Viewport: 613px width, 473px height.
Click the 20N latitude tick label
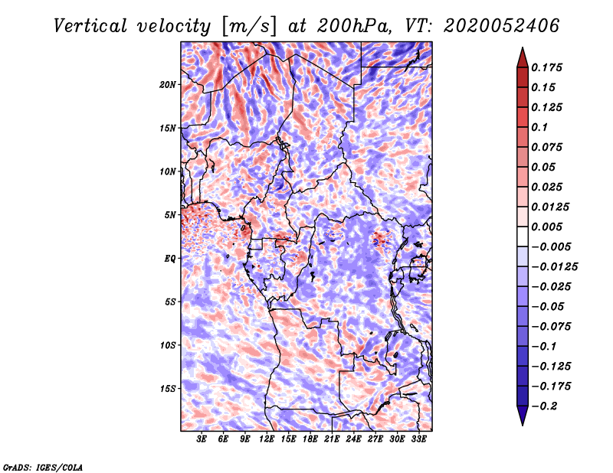pos(167,85)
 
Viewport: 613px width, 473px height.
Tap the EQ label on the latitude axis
pos(169,259)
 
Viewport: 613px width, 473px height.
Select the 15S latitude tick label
pos(167,389)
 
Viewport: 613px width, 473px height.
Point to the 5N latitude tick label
pos(170,215)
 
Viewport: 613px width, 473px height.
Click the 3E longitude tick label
pos(202,439)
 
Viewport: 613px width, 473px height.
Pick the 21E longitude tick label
pos(332,439)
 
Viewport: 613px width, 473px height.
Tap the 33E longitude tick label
pos(418,439)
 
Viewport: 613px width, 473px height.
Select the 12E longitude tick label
pos(266,439)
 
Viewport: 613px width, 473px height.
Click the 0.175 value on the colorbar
pos(546,67)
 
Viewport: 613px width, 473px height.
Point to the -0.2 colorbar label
pos(545,406)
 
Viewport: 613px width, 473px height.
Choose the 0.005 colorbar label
pos(546,227)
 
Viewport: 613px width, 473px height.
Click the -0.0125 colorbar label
pos(554,267)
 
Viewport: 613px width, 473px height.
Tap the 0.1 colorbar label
pos(539,127)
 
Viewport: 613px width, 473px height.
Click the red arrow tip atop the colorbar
pos(523,47)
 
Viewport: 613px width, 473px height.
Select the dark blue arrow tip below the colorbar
pos(523,425)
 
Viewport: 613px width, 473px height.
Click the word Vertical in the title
pos(90,26)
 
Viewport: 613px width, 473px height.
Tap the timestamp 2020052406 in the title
pos(502,26)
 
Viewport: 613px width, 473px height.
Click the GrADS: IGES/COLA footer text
pos(43,467)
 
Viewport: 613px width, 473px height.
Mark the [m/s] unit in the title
pos(249,26)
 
